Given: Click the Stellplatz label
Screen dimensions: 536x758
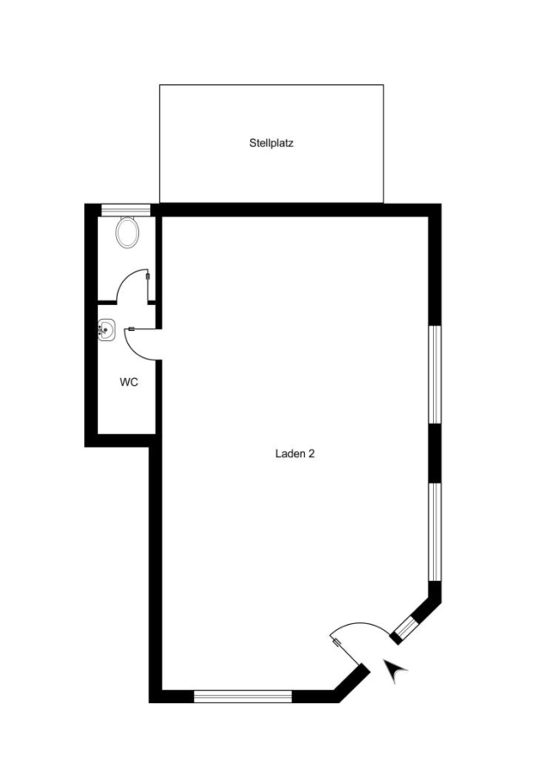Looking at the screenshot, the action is click(271, 143).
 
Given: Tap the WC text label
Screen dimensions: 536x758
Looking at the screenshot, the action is click(129, 382).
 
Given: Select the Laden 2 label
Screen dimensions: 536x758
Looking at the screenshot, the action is click(295, 453).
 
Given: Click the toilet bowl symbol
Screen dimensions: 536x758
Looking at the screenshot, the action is click(128, 232).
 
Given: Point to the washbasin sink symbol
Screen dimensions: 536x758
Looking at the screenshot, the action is click(106, 330).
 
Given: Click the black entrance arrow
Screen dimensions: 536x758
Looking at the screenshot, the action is click(395, 670).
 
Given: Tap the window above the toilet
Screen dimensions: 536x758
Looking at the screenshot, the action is click(126, 211).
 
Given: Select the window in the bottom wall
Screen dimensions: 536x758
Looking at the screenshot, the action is click(243, 697).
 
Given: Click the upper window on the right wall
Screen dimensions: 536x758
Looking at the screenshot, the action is click(436, 375).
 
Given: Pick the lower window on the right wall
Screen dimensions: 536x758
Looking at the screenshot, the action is click(436, 531).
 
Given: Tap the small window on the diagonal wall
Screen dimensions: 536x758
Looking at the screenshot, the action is click(405, 627).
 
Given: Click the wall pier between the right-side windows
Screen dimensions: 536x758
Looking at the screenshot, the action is click(436, 453).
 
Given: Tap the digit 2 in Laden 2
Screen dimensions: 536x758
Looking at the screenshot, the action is click(312, 453).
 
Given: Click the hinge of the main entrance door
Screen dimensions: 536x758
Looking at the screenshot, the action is click(336, 642).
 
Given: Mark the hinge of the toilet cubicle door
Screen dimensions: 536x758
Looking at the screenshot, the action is click(147, 277).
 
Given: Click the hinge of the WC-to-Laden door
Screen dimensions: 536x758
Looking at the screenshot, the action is click(131, 329).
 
